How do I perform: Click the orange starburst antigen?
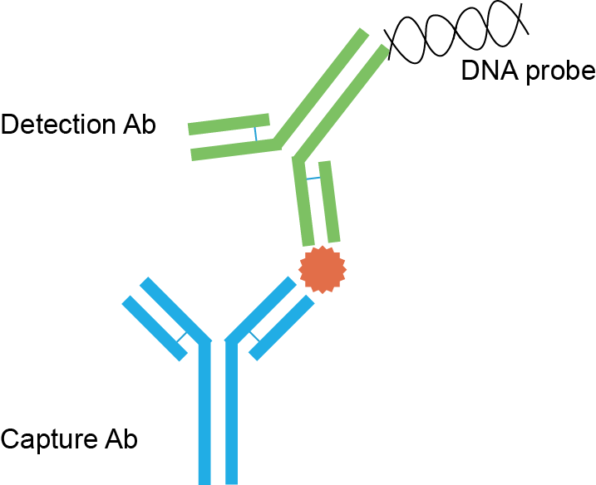tap(323, 269)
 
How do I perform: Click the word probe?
tap(558, 73)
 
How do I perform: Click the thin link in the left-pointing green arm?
tap(257, 133)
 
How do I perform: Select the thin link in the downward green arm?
tap(313, 178)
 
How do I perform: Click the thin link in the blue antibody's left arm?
tap(181, 337)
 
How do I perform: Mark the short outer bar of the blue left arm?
tap(155, 328)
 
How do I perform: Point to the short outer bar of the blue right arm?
tap(282, 328)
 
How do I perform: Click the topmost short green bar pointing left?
tap(229, 124)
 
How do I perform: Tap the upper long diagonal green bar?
tap(320, 84)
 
